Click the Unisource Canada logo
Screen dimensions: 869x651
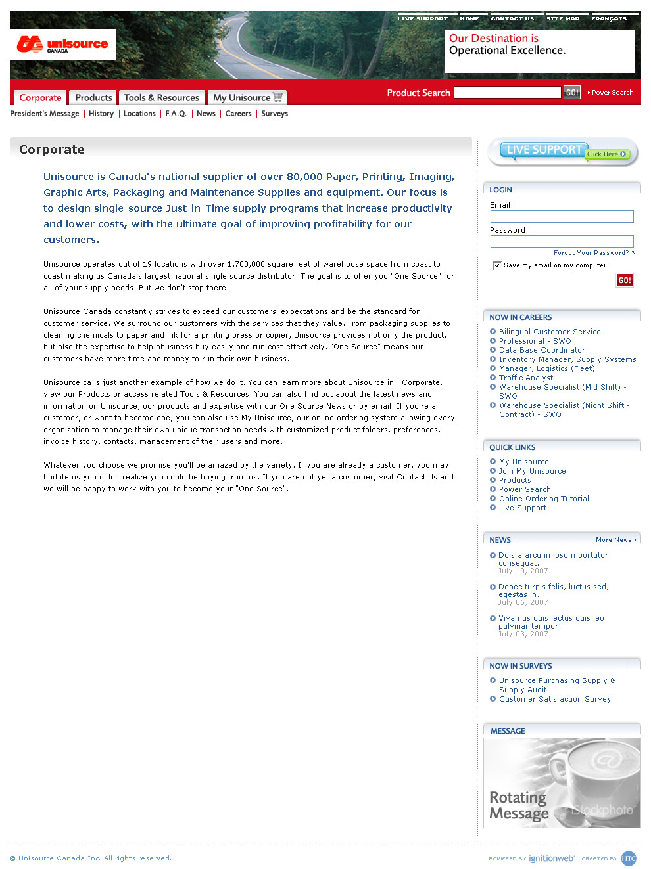(x=62, y=45)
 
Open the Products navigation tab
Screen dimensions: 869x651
(x=93, y=98)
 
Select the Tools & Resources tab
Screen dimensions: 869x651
(x=161, y=98)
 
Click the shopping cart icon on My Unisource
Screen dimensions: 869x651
(x=277, y=97)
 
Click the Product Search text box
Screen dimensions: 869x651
(x=507, y=93)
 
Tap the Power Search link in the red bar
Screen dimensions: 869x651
(x=612, y=93)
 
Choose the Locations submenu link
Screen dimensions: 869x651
(x=139, y=114)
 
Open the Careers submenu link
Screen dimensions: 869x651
(x=238, y=114)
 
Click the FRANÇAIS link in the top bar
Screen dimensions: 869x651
(x=609, y=18)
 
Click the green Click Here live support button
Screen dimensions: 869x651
(x=606, y=154)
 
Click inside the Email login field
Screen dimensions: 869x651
(x=562, y=216)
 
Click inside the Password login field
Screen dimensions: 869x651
(x=562, y=241)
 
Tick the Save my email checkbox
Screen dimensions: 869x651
(x=497, y=265)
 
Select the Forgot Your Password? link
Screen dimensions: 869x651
(x=591, y=253)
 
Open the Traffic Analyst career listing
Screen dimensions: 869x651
(x=526, y=378)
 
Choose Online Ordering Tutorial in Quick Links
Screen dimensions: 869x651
(x=544, y=499)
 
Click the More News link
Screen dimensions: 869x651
(x=616, y=540)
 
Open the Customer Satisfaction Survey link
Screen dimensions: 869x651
(x=555, y=699)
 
